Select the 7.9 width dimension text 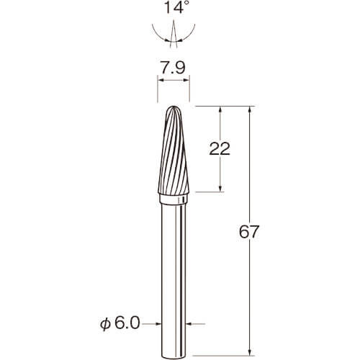(x=173, y=68)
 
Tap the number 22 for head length (x=220, y=148)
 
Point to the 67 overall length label (x=249, y=232)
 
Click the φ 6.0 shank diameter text (x=120, y=323)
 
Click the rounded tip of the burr (x=174, y=107)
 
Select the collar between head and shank (x=174, y=199)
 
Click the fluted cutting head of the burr (x=174, y=150)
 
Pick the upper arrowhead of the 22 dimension (x=220, y=109)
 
